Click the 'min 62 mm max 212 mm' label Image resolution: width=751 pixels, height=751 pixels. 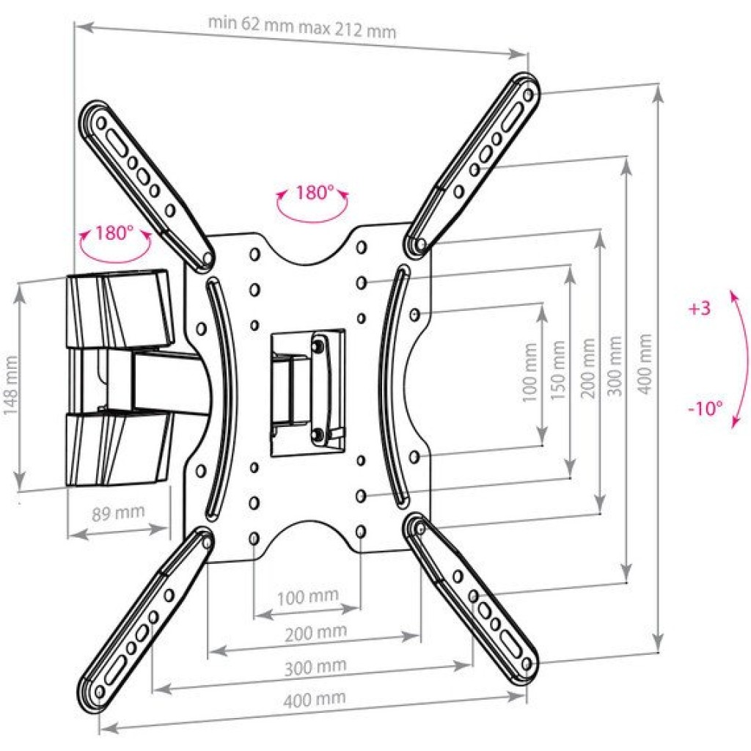pos(302,28)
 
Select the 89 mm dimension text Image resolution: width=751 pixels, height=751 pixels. pos(118,513)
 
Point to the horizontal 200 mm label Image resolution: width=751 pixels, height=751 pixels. pos(315,633)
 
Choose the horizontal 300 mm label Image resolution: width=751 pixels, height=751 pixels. pos(315,667)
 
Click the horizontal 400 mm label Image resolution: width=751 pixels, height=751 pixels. pos(314,699)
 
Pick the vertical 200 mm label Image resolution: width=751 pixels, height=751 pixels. pos(589,368)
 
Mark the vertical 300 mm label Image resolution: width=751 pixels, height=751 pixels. pos(616,365)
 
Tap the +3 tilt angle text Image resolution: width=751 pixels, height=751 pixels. pos(700,309)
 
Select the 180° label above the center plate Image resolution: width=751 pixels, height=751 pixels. pos(314,193)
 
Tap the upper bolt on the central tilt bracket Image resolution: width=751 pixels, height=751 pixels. pos(317,345)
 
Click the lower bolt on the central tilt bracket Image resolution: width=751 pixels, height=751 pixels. pos(317,433)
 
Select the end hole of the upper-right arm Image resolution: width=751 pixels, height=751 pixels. pos(528,95)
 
